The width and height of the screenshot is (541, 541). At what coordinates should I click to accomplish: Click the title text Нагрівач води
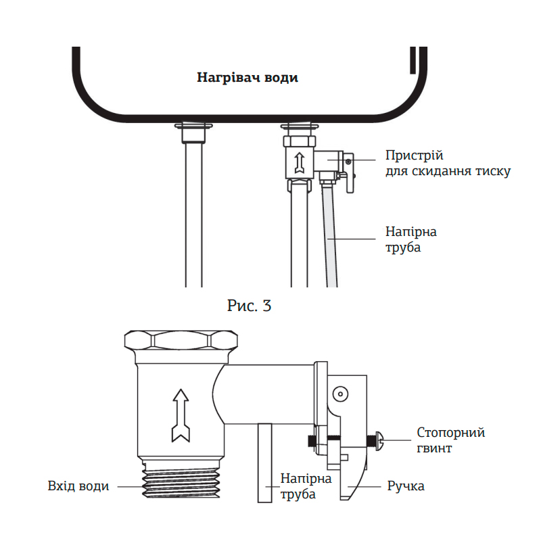247,78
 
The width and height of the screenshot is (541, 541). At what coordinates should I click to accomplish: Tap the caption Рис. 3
249,306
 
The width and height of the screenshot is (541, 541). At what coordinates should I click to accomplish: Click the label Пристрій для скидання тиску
447,163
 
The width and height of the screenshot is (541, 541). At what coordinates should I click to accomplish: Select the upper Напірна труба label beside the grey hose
410,239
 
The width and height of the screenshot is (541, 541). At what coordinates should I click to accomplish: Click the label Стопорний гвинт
450,440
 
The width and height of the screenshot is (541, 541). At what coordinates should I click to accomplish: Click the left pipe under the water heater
193,216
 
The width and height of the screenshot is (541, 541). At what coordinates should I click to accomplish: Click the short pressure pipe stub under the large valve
264,463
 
